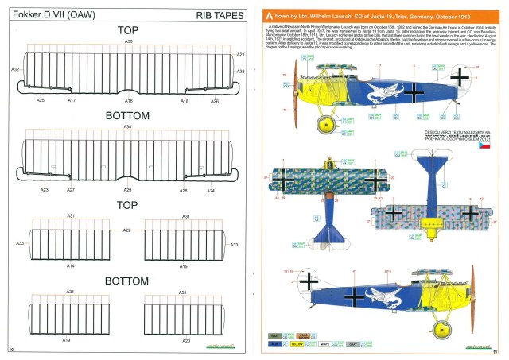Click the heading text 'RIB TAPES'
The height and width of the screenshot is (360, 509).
(x=216, y=15)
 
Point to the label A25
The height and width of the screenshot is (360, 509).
(x=41, y=101)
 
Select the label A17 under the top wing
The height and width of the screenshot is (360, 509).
(x=72, y=101)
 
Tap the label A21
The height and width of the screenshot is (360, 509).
(x=240, y=55)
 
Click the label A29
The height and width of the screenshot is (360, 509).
(x=128, y=191)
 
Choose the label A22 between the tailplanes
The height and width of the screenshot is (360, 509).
(x=126, y=230)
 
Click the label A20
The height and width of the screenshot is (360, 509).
(x=185, y=340)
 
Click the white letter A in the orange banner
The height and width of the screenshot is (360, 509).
(x=270, y=14)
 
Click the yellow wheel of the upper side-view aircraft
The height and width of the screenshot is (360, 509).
(x=325, y=125)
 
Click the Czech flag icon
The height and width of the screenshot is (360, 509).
(x=484, y=148)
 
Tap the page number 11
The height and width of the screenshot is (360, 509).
(x=495, y=351)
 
